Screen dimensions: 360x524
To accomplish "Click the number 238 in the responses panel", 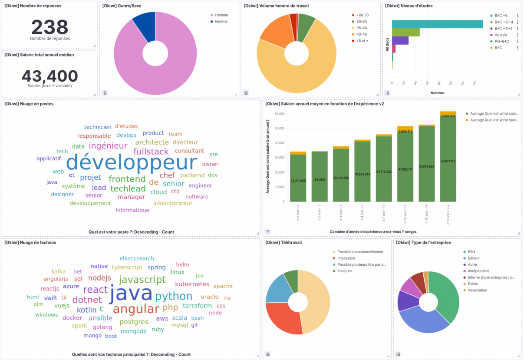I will coord(49,27).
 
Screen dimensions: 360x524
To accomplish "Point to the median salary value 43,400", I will coord(49,76).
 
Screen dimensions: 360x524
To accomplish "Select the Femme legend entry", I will coord(221,22).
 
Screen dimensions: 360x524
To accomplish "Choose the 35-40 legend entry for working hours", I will coord(362,28).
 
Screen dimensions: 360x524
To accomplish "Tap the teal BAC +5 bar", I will coord(437,24).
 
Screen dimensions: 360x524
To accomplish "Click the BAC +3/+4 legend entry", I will coord(504,22).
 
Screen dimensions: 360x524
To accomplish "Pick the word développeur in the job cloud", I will coord(132,162).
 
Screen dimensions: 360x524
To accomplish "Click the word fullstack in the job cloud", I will coord(151,152).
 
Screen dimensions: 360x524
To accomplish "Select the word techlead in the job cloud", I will coord(128,188).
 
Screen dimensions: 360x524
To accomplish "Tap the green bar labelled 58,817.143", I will coord(448,161).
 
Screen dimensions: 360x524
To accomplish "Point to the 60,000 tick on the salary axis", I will coord(279,114).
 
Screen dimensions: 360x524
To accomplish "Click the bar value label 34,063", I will coord(320,179).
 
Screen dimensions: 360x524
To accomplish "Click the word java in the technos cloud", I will coord(131,294).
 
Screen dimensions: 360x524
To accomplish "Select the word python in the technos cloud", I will coord(174,296).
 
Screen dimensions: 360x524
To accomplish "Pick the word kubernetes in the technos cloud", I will coord(192,284).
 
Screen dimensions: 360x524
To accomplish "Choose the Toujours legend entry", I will coord(344,271).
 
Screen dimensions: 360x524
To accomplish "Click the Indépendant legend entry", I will coord(478,271).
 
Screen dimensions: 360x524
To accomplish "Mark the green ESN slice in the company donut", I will coord(446,295).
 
